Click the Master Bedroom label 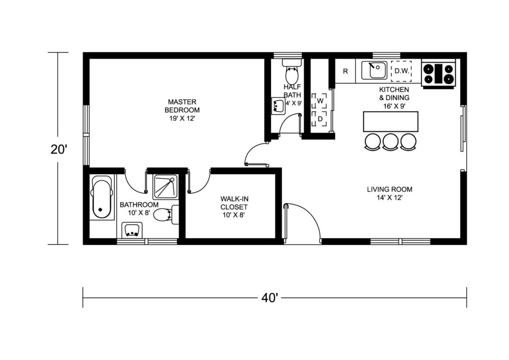[182, 110]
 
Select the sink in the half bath [278, 106]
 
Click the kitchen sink [375, 70]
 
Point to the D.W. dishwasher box [401, 71]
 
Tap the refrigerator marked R [345, 71]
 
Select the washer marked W [320, 101]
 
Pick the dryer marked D [320, 119]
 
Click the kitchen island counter [391, 121]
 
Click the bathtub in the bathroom [102, 197]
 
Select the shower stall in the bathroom [166, 186]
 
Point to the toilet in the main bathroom [166, 215]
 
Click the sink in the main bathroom [132, 230]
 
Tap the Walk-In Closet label [234, 207]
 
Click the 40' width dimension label [269, 298]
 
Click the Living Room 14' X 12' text [390, 193]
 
